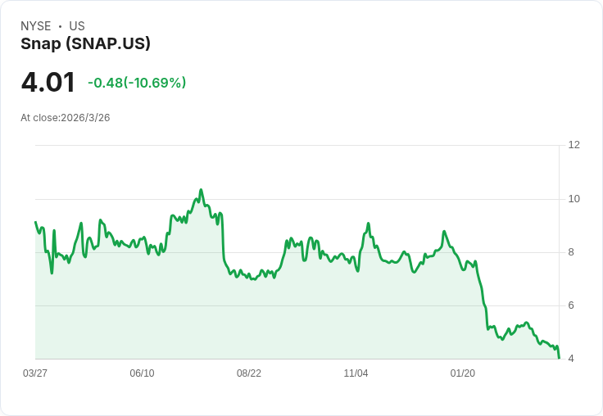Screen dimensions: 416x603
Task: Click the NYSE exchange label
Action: pyautogui.click(x=35, y=26)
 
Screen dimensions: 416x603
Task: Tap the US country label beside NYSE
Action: pyautogui.click(x=77, y=26)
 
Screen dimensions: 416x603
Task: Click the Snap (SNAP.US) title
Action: pyautogui.click(x=85, y=44)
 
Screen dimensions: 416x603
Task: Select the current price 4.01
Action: pyautogui.click(x=48, y=82)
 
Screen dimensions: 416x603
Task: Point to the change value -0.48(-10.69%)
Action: pyautogui.click(x=137, y=83)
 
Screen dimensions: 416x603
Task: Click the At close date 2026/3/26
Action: pyautogui.click(x=66, y=118)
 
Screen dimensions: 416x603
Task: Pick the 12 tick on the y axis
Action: pyautogui.click(x=574, y=145)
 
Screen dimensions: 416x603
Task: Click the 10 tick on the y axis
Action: pyautogui.click(x=574, y=199)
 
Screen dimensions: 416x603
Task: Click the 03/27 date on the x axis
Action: pyautogui.click(x=35, y=373)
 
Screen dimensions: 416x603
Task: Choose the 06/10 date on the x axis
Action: pyautogui.click(x=142, y=373)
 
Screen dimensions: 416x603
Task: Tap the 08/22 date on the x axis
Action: pyautogui.click(x=249, y=373)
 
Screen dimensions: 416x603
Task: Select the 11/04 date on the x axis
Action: pyautogui.click(x=356, y=373)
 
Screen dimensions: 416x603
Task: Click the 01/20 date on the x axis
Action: pyautogui.click(x=463, y=373)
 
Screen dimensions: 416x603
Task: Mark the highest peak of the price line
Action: pyautogui.click(x=201, y=190)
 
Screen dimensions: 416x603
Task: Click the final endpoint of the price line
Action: pyautogui.click(x=559, y=358)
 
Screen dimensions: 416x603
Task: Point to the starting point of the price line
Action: pyautogui.click(x=35, y=222)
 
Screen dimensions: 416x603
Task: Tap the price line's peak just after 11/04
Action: pyautogui.click(x=368, y=224)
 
